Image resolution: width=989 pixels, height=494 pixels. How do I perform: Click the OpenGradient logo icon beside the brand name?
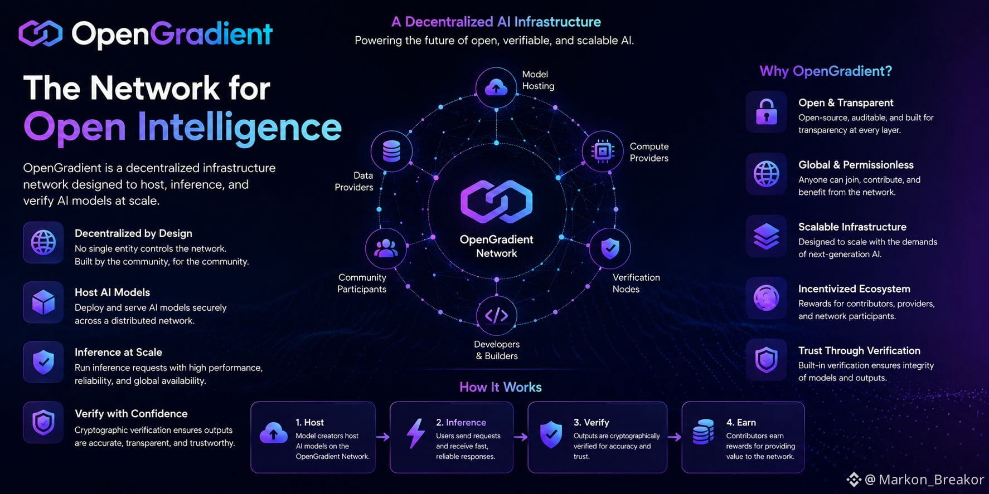click(x=41, y=34)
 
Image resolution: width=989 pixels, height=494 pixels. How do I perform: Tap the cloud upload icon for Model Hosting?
click(x=496, y=87)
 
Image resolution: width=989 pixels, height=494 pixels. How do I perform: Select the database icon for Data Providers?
click(x=391, y=151)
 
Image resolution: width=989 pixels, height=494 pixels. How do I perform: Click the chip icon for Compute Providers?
click(x=603, y=151)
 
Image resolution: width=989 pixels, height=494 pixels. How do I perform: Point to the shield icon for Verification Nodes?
click(x=610, y=248)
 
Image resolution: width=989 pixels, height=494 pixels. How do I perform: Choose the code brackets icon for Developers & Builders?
click(x=496, y=316)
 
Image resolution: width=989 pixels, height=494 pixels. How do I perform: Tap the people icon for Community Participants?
click(x=385, y=248)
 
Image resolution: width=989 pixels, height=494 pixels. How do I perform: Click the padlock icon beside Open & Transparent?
click(x=767, y=111)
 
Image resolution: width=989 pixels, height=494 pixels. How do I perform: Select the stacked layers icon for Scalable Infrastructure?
click(x=767, y=236)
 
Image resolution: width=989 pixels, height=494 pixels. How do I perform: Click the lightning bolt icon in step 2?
click(x=415, y=433)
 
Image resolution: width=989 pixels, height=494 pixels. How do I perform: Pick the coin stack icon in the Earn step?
click(x=703, y=432)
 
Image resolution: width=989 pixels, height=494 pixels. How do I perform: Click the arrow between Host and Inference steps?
click(x=382, y=437)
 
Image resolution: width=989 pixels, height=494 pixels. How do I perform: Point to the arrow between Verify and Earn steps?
click(x=675, y=437)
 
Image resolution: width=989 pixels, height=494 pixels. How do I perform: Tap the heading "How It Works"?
click(x=500, y=387)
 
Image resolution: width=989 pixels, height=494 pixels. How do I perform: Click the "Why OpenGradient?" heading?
click(x=826, y=71)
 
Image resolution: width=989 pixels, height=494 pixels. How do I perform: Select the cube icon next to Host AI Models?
click(x=43, y=302)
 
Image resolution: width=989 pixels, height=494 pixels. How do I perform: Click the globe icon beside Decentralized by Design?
click(x=43, y=243)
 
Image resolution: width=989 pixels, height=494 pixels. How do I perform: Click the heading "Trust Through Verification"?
click(x=859, y=351)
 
